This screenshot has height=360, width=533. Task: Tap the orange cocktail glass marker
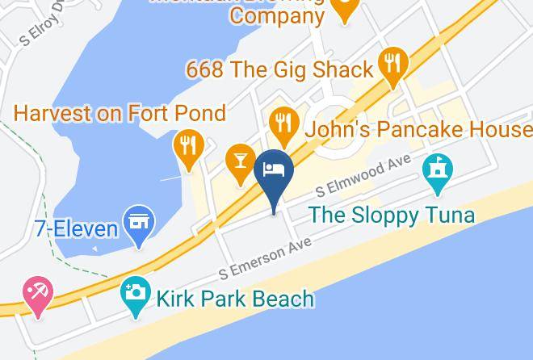click(x=240, y=157)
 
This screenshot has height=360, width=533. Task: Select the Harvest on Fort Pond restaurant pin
click(x=187, y=146)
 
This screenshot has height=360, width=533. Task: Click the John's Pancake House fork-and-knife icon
click(x=282, y=123)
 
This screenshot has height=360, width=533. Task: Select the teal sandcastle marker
click(x=438, y=170)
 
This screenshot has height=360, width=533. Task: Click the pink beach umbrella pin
click(x=37, y=291)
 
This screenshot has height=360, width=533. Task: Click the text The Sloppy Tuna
click(x=392, y=216)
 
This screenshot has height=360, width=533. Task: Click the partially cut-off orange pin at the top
click(x=346, y=10)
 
